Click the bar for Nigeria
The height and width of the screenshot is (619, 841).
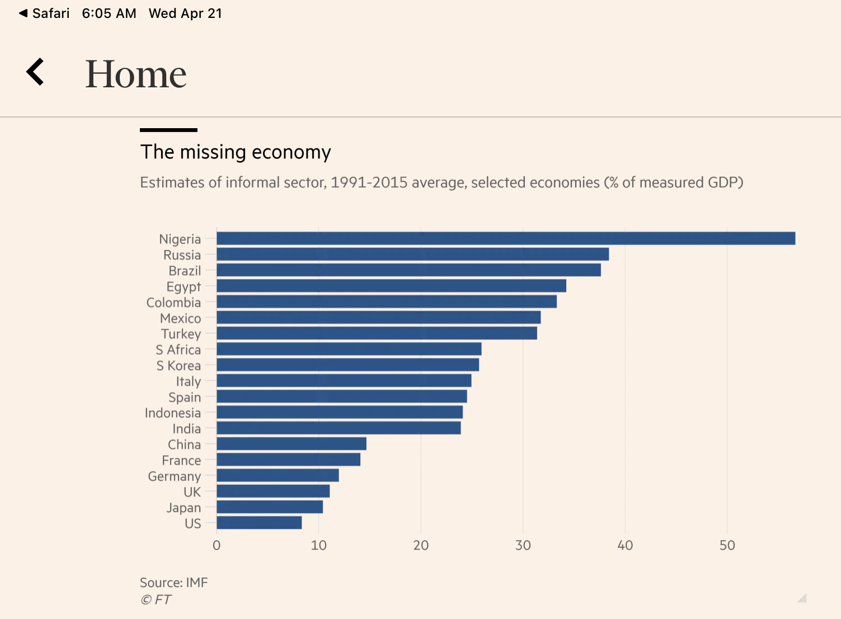pos(506,238)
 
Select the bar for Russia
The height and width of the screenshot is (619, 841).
pos(412,255)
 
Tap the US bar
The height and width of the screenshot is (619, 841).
pos(259,523)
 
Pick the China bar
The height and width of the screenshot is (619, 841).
pos(292,444)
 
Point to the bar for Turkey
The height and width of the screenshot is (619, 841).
pos(377,334)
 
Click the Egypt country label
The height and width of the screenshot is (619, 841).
pos(184,287)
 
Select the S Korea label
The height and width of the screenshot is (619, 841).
pos(178,365)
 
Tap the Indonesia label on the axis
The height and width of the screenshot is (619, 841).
pos(172,413)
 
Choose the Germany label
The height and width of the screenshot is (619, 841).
pos(174,476)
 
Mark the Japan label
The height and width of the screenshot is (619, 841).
pos(184,508)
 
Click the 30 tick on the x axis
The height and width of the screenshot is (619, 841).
pos(523,546)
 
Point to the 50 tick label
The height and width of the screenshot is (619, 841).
pos(727,546)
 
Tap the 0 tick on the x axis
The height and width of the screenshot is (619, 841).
pos(217,546)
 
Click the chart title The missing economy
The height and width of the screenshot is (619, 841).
pos(236,152)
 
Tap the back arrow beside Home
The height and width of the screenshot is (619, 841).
pos(35,72)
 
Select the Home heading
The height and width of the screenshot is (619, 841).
pos(135,74)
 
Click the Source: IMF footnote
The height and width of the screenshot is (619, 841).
pos(173,583)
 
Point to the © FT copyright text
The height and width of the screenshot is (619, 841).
pos(156,600)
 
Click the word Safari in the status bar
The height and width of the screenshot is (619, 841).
pos(50,13)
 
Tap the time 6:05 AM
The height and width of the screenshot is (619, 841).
pos(109,13)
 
